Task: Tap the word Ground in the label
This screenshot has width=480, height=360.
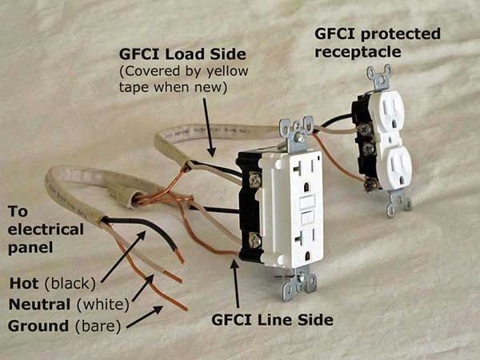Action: [36, 326]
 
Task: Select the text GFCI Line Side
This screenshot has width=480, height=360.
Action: [272, 321]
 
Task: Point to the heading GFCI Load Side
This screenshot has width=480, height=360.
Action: [182, 54]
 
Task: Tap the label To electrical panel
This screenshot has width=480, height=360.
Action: [46, 230]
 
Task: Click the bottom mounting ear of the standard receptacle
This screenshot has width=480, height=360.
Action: [398, 205]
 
